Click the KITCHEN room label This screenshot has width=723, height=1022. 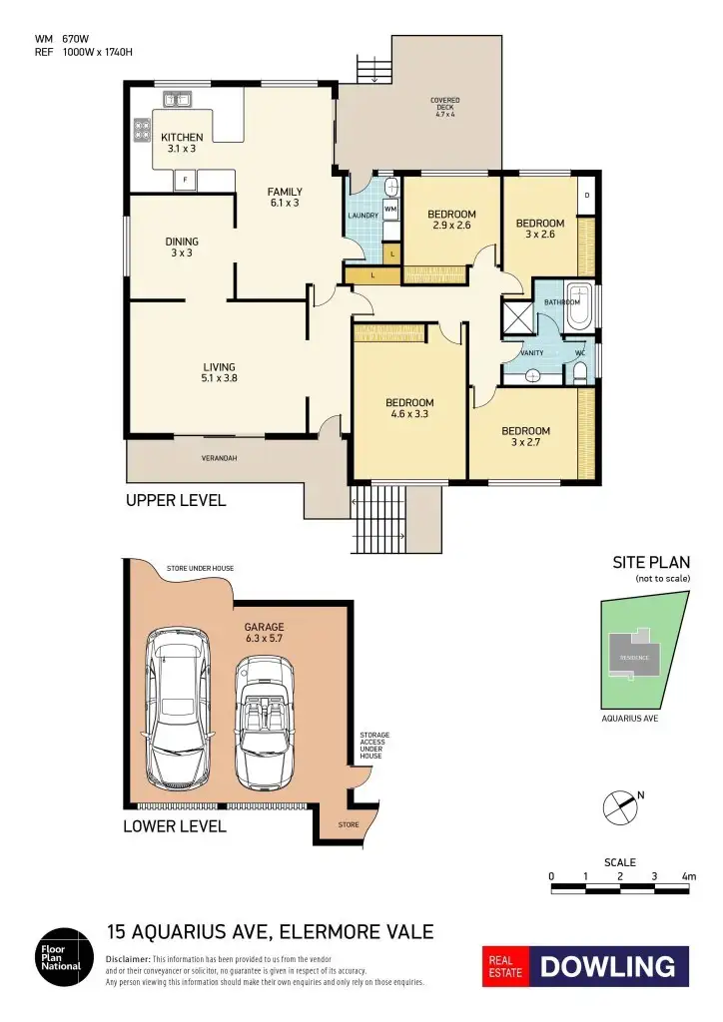pos(182,143)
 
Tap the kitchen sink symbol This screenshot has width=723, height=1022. pos(178,99)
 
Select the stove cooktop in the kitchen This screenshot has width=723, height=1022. pos(141,129)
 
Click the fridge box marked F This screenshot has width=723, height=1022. pos(185,180)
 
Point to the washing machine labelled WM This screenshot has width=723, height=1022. pos(390,209)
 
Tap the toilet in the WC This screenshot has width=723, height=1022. pos(581,372)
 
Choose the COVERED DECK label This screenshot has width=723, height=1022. pos(445,107)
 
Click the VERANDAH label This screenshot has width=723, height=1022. pos(219,458)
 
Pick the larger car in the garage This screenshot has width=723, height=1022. pos(179,706)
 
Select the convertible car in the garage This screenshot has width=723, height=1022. pos(265,720)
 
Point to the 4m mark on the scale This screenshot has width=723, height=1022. pos(688,876)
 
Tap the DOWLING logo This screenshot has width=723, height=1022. pos(608,966)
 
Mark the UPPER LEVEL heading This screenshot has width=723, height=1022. pos(176,500)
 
